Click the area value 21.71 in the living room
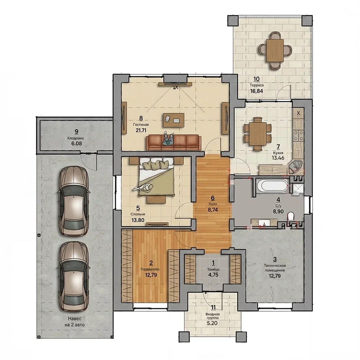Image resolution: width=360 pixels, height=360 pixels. tap(141, 130)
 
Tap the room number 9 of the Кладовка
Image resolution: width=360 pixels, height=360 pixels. tap(76, 132)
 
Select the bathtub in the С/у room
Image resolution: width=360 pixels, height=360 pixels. tap(272, 186)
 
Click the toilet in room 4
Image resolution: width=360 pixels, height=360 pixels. tap(291, 216)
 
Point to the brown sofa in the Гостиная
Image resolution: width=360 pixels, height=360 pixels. tap(174, 142)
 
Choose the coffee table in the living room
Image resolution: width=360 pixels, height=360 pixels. tap(174, 120)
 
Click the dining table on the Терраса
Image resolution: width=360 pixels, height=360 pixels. tap(275, 50)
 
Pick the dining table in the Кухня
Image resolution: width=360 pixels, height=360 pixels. tap(257, 134)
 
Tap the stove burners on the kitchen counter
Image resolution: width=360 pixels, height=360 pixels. tap(298, 135)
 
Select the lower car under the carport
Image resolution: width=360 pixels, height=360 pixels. tap(74, 276)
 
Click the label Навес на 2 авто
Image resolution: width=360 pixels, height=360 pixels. tap(75, 322)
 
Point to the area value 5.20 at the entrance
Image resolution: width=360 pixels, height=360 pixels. tap(212, 323)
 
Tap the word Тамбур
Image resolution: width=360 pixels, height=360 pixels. tap(213, 269)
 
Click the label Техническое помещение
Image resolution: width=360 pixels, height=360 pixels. tap(275, 268)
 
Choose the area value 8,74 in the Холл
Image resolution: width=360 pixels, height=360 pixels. tap(213, 209)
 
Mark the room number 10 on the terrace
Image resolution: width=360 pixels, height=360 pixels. tap(257, 79)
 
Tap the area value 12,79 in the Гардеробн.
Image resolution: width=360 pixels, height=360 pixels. tap(151, 275)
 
